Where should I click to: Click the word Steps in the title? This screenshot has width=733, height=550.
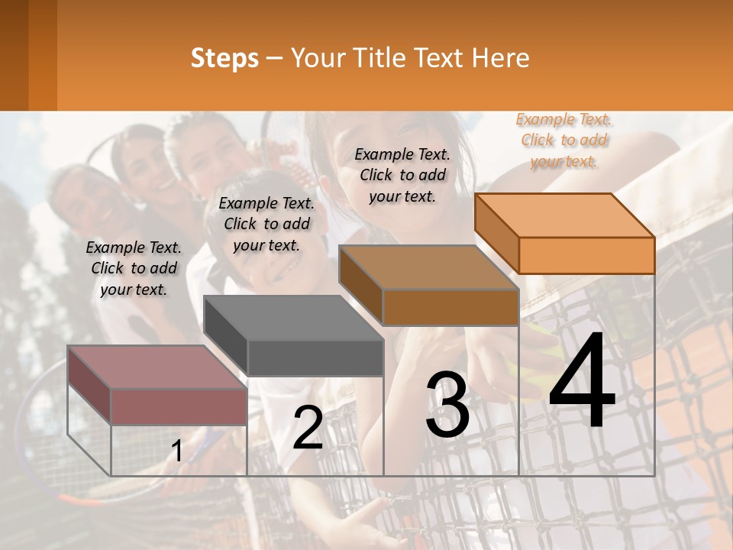point(224,58)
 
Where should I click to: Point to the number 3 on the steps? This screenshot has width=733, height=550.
point(447,405)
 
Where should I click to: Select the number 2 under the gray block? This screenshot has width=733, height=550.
point(308,428)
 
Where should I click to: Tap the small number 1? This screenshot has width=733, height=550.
point(176,451)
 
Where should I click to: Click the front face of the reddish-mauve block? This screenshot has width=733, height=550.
point(179,407)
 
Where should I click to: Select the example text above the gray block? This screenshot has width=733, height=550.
point(266,224)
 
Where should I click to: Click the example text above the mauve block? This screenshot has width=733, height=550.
point(134,268)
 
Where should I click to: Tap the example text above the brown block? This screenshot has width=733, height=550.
point(402,175)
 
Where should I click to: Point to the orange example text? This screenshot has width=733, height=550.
point(564,140)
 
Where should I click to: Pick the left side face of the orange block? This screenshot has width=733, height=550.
point(497,232)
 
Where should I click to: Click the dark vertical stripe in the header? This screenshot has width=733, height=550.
point(43,55)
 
